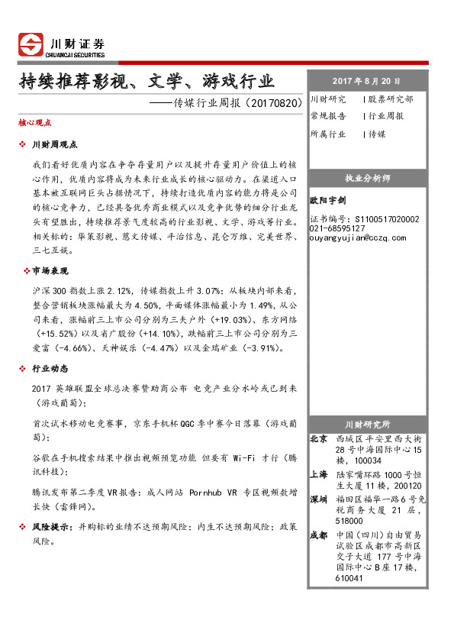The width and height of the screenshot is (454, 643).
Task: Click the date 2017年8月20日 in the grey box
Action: [365, 81]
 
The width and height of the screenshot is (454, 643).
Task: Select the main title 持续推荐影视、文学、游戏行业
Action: [147, 81]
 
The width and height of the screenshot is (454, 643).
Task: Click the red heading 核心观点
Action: [34, 122]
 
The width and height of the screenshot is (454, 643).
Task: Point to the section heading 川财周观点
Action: [54, 144]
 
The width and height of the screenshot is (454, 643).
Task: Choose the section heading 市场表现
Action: [50, 270]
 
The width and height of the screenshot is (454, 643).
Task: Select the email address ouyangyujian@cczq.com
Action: [358, 237]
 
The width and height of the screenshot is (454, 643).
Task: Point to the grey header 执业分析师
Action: [367, 178]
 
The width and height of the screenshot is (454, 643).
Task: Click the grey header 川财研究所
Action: [367, 424]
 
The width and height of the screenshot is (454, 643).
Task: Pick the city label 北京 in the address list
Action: [318, 439]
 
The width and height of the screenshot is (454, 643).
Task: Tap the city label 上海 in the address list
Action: [318, 475]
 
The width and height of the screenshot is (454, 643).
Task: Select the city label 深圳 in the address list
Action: [318, 499]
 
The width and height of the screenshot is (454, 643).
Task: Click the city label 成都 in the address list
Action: [318, 535]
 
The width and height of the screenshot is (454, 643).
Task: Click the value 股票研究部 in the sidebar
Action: [391, 99]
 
